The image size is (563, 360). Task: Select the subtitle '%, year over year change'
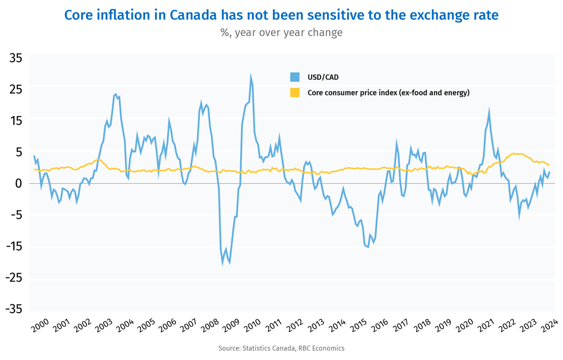(281, 33)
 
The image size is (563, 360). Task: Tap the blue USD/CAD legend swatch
(295, 77)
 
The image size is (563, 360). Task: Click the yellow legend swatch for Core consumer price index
(295, 93)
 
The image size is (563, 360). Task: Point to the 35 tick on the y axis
(16, 58)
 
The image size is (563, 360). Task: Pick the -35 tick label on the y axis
(14, 309)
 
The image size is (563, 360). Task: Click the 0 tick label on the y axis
(18, 183)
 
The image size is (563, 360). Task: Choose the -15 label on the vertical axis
(14, 246)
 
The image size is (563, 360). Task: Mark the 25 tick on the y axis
(16, 89)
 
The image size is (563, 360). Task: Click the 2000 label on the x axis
(40, 326)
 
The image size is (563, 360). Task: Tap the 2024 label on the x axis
(549, 326)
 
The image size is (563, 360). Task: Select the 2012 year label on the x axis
(295, 326)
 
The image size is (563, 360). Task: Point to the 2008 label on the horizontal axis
(210, 326)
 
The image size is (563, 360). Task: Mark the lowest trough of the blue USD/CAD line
(222, 263)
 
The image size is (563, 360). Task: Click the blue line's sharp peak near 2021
(489, 110)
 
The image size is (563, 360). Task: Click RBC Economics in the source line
(321, 348)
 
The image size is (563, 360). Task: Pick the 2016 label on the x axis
(380, 326)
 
